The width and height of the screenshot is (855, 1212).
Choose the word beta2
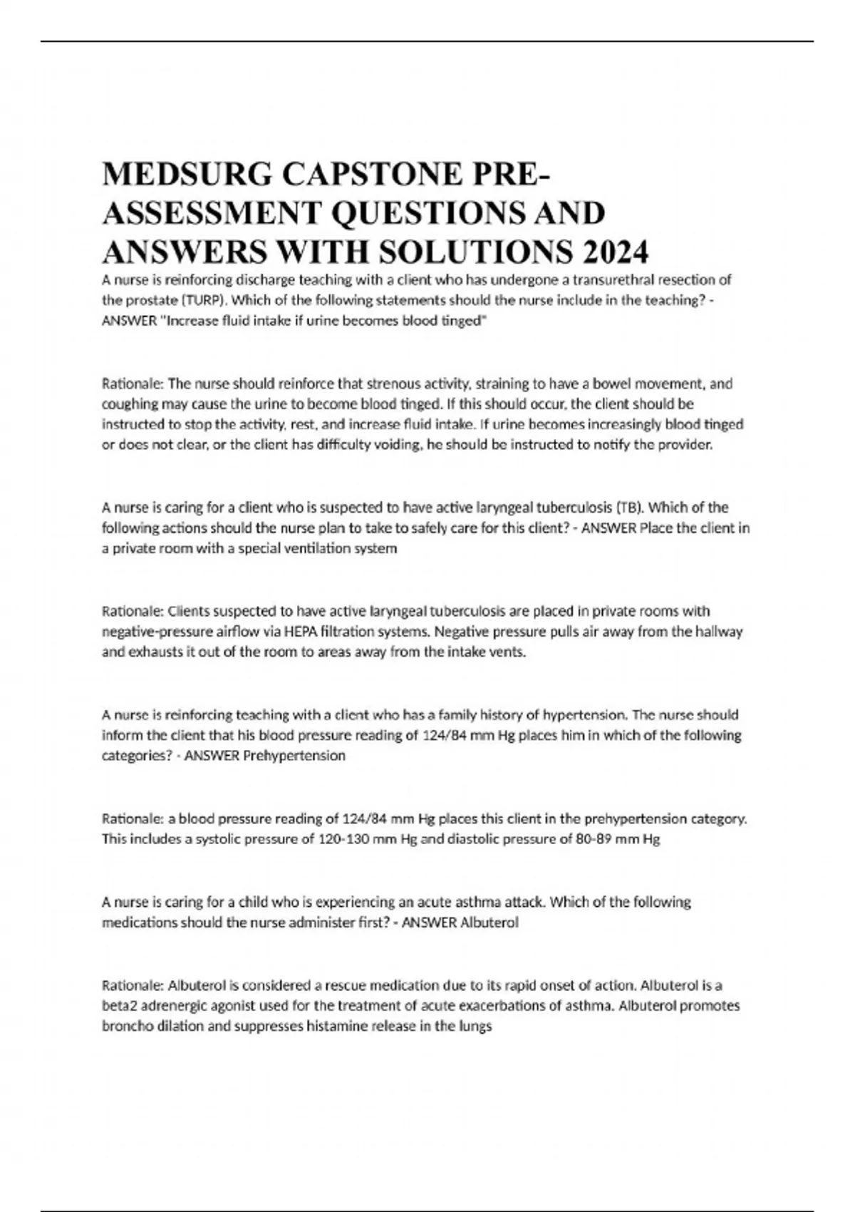coord(120,1006)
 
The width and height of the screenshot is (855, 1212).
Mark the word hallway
coord(718,632)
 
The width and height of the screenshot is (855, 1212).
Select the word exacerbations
coord(508,1006)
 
